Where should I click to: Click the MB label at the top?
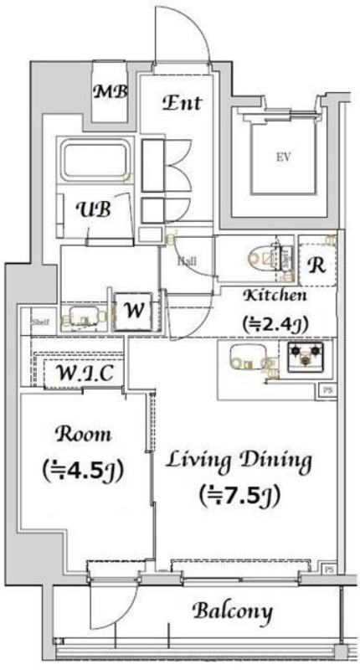coord(110,92)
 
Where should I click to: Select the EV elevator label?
coord(276,157)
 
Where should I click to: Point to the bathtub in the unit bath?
coord(93,162)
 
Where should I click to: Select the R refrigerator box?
coord(317,266)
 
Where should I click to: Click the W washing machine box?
coord(132,310)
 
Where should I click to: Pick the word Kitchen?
coord(275,296)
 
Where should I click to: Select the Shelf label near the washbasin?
coord(39,321)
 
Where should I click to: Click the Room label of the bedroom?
coord(83,434)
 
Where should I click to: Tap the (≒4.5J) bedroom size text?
coord(83,469)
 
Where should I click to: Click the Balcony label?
coord(233,611)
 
